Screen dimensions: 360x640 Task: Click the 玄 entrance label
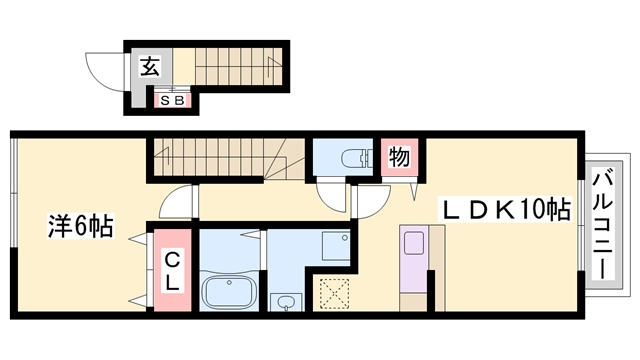(149, 68)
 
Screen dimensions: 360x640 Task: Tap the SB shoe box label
(172, 99)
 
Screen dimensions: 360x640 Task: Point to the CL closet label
(172, 270)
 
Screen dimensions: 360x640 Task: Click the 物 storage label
(398, 157)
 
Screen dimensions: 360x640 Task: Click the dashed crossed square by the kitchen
(337, 292)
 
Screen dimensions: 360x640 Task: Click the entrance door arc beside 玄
(104, 71)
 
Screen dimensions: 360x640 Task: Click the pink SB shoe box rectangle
(172, 99)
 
